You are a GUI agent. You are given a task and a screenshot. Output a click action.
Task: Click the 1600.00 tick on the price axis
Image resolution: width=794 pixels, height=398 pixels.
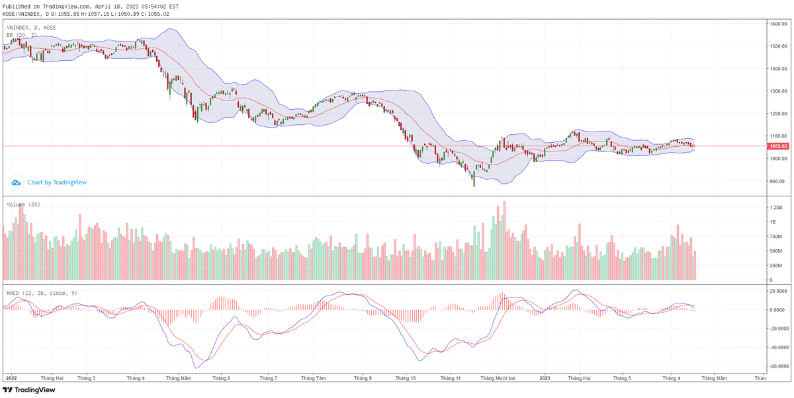tap(777, 24)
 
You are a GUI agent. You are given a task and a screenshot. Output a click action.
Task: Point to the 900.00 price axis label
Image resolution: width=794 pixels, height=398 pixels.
tap(776, 181)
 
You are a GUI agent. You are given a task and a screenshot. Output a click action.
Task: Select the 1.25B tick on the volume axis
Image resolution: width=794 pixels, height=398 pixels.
tap(776, 207)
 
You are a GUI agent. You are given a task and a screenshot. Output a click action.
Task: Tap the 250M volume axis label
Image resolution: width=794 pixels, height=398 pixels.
tap(776, 266)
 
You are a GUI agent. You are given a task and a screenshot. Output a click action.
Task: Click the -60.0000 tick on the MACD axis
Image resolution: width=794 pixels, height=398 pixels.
tap(777, 366)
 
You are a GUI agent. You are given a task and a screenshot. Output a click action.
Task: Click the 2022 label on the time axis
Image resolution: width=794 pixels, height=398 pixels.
tap(11, 378)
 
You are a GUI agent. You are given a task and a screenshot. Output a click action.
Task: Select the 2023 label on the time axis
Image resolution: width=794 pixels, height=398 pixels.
tap(545, 378)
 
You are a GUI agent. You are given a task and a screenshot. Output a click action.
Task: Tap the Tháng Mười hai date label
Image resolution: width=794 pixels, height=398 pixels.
tap(498, 378)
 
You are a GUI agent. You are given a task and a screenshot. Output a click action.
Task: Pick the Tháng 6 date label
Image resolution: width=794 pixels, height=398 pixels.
tap(221, 378)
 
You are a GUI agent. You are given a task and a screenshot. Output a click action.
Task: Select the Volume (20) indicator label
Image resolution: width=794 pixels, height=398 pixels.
tap(23, 205)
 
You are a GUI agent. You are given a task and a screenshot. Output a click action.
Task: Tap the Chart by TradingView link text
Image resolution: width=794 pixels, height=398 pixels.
tap(57, 182)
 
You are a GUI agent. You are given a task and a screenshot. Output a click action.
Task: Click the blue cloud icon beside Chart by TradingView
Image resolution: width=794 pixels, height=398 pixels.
tap(16, 182)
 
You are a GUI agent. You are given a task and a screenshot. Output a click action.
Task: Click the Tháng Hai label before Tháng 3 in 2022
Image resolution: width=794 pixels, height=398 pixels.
tap(52, 378)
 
